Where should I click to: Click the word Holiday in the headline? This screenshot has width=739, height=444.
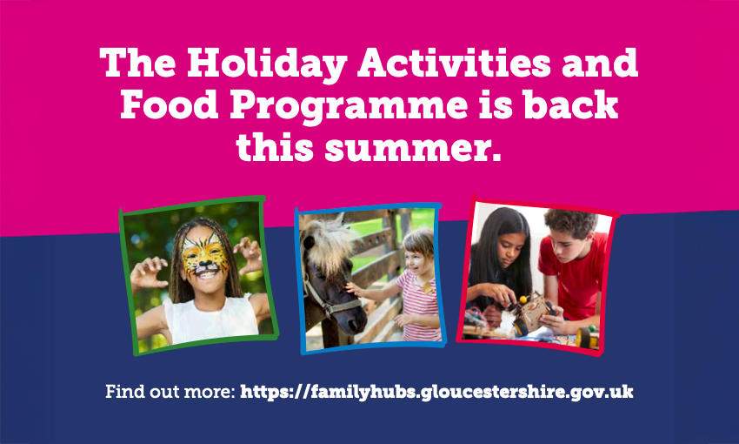pos(267,64)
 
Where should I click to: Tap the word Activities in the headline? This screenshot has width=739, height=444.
pos(454,63)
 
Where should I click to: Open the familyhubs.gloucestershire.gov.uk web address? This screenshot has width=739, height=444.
pos(436,392)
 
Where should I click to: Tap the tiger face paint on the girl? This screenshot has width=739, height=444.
pos(205,255)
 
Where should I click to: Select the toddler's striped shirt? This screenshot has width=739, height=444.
pos(418,306)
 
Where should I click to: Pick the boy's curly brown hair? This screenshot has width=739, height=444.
pos(571,222)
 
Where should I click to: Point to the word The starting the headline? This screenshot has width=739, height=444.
pos(137,63)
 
